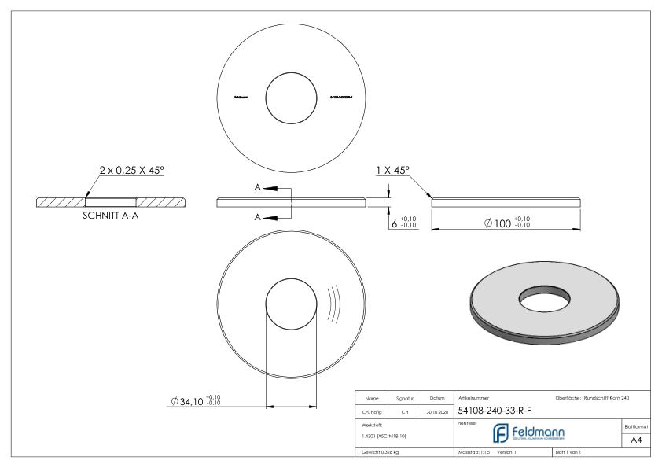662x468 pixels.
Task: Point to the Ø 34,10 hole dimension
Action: click(196, 401)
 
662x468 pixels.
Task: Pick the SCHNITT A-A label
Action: click(111, 218)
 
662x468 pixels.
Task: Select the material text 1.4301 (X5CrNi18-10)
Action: click(384, 436)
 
